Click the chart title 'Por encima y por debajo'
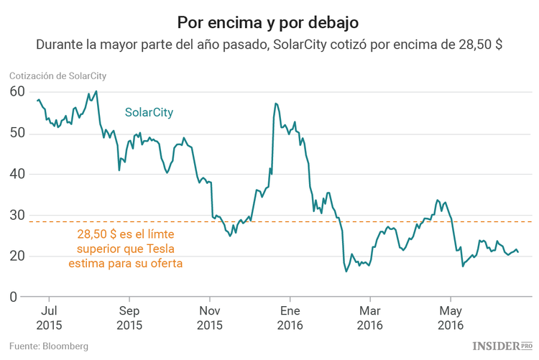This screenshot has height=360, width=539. tap(269, 19)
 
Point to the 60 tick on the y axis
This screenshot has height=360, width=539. tap(17, 92)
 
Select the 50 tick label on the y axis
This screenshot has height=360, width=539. tap(17, 133)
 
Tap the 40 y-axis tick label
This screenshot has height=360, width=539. tap(17, 174)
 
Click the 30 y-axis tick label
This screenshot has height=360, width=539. tap(17, 215)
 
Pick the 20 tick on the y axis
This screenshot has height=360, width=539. tap(17, 256)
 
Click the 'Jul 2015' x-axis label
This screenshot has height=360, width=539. tap(49, 318)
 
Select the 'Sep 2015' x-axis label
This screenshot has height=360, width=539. tap(129, 318)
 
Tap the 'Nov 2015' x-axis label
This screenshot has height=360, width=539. tap(209, 318)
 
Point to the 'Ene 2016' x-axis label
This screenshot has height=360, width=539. tap(290, 318)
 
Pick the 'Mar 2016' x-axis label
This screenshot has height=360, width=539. tap(369, 318)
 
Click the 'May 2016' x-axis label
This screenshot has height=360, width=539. tap(450, 318)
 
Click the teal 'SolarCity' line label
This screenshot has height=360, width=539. tap(149, 113)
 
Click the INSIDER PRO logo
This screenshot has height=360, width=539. tap(501, 346)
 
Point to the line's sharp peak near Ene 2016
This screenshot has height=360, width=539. tap(275, 103)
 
